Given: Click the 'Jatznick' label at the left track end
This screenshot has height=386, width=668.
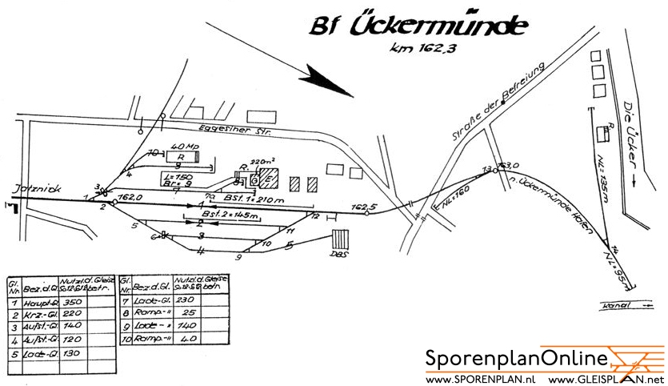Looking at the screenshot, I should (x=26, y=189).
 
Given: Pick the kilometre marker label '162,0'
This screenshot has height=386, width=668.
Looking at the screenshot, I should (x=130, y=195).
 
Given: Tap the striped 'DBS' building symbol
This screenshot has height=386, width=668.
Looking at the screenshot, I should (x=342, y=241).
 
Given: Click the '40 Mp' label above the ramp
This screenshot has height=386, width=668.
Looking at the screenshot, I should (x=185, y=147).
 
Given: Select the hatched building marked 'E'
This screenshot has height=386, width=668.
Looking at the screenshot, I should (x=267, y=180).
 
